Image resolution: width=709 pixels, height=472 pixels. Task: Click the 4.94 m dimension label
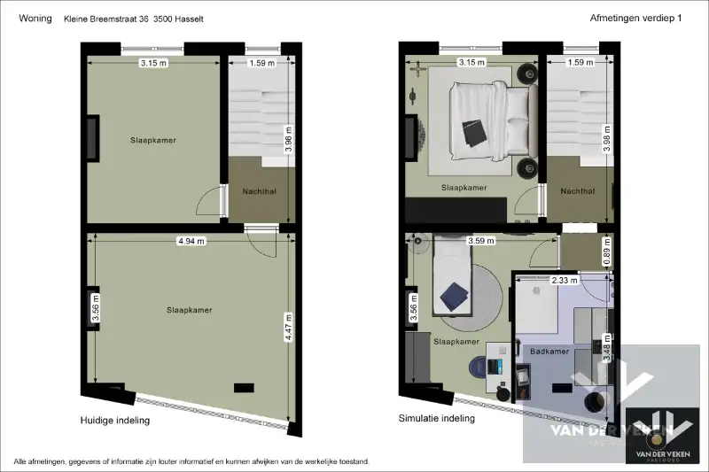[x=191, y=240]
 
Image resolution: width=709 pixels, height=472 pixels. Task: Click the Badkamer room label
[x=549, y=352]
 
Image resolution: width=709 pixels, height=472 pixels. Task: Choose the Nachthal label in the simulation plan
[x=578, y=191]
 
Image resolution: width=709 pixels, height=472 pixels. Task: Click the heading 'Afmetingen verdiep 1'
[x=635, y=19]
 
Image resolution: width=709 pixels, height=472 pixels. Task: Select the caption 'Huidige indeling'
[x=114, y=421]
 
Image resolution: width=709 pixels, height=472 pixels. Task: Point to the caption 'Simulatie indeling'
[x=437, y=418]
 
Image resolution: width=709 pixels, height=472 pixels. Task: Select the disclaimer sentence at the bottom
[x=191, y=462]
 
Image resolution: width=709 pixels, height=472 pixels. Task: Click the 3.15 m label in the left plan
[x=154, y=63]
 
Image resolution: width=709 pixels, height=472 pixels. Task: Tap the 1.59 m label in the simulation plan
[x=580, y=63]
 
